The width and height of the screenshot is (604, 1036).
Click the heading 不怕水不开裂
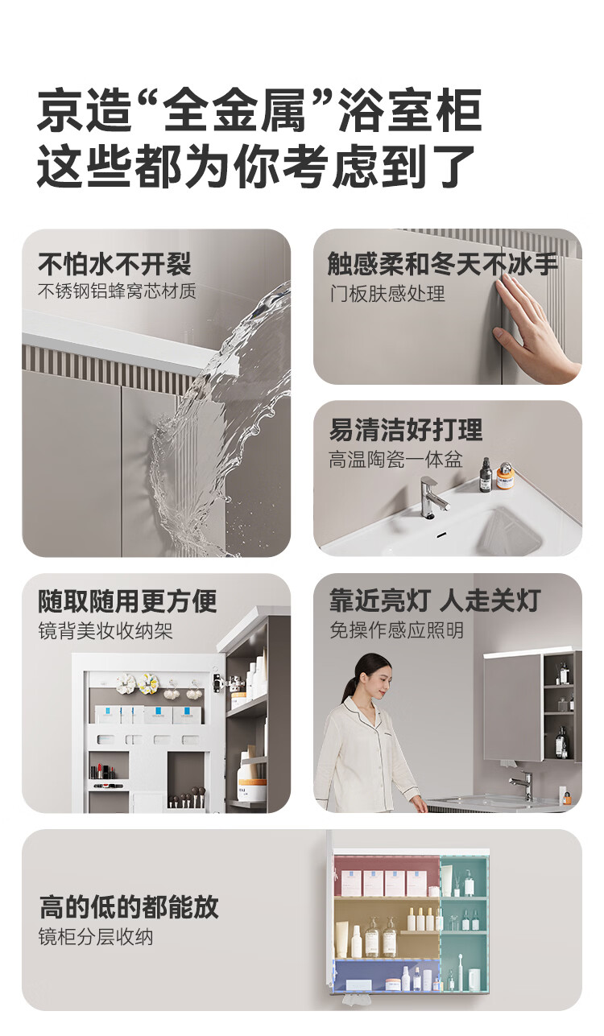pos(114,265)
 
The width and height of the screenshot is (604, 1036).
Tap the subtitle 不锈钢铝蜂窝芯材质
pos(117,291)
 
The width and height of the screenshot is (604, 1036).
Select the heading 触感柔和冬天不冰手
pos(442,264)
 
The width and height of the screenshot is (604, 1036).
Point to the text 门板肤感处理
pos(387,294)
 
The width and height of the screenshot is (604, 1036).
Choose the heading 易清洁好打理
pos(406,430)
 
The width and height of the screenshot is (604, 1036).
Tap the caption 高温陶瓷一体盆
pos(395,460)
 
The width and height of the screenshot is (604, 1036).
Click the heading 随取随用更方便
pos(127,601)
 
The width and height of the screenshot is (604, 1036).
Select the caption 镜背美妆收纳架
pos(105,631)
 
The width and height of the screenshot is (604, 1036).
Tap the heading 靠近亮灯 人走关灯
pos(435,601)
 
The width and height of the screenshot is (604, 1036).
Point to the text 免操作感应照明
pos(397,630)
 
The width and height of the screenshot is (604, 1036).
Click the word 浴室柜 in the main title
pos(411,110)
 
